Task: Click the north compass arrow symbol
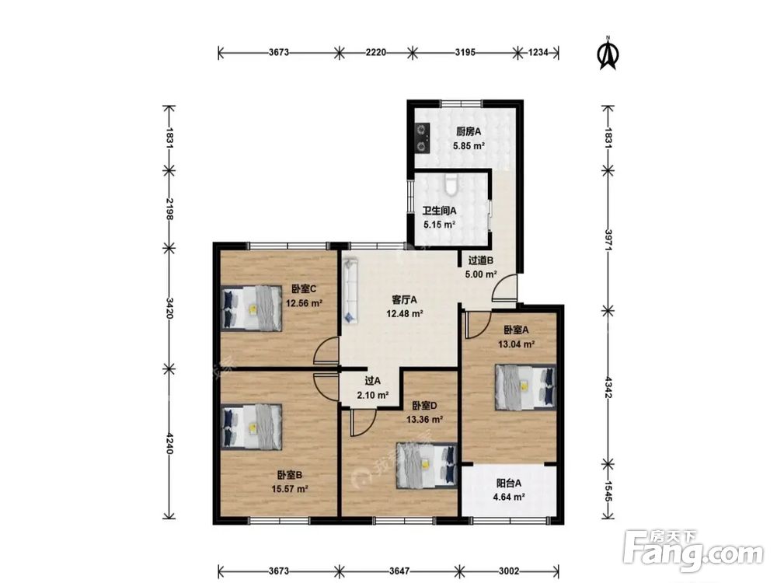pyautogui.click(x=608, y=53)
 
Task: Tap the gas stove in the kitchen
pyautogui.click(x=422, y=138)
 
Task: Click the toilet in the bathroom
pyautogui.click(x=451, y=183)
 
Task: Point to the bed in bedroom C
pyautogui.click(x=251, y=309)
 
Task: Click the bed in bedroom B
pyautogui.click(x=251, y=427)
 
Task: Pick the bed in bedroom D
pyautogui.click(x=426, y=466)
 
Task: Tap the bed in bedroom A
pyautogui.click(x=525, y=387)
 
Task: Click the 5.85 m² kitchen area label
pyautogui.click(x=469, y=146)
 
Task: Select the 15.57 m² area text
pyautogui.click(x=290, y=489)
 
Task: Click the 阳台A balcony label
pyautogui.click(x=509, y=483)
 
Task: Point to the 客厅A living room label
pyautogui.click(x=404, y=299)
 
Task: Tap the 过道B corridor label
pyautogui.click(x=481, y=260)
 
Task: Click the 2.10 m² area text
pyautogui.click(x=373, y=396)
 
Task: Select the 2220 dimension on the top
pyautogui.click(x=375, y=52)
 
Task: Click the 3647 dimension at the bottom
pyautogui.click(x=399, y=571)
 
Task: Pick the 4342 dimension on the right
pyautogui.click(x=608, y=387)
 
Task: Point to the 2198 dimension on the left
pyautogui.click(x=169, y=208)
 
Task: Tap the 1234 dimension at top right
pyautogui.click(x=538, y=52)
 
